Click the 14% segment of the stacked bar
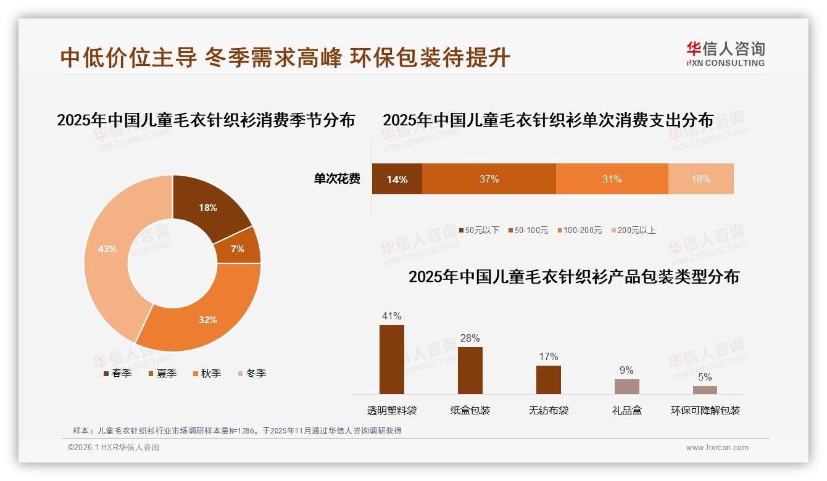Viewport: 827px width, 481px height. point(397,179)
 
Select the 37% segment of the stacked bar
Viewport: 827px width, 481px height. point(489,179)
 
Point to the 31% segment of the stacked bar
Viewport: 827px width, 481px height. point(612,179)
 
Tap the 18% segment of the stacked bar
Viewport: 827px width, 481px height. point(700,179)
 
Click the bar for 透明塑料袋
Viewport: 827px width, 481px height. point(392,360)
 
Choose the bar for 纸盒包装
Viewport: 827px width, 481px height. point(470,371)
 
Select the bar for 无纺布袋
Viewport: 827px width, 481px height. point(548,380)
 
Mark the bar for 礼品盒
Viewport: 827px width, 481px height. point(626,387)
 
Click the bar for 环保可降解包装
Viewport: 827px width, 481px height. point(705,390)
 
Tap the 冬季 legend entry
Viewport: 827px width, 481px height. point(252,374)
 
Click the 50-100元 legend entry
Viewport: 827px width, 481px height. point(528,231)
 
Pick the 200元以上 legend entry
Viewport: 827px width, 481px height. point(633,231)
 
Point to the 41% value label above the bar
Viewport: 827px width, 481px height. point(392,316)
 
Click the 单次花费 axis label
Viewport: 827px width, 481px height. point(337,179)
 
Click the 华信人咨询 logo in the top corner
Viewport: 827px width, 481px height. point(725,54)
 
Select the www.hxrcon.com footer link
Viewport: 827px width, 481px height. point(717,448)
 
